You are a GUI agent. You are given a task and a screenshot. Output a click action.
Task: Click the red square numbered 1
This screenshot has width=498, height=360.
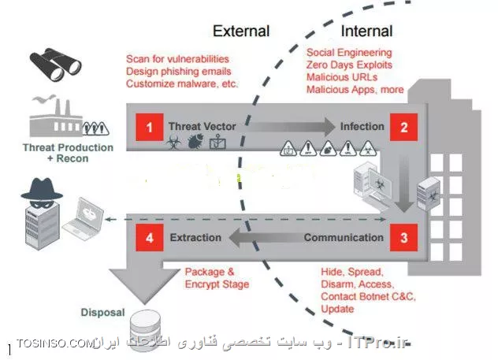148,126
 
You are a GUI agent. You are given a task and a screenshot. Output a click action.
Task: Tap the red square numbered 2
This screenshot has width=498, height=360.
403,126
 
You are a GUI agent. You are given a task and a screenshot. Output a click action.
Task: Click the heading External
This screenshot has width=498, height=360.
241,32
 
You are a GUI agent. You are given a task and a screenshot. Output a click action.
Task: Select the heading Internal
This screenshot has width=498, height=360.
366,32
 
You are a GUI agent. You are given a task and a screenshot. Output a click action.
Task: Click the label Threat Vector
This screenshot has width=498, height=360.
201,126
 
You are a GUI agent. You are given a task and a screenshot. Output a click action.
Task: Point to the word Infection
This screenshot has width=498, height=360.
362,126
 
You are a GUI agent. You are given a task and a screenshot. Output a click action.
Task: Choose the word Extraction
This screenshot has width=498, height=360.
195,237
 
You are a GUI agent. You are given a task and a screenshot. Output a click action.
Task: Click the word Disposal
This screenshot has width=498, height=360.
102,312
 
